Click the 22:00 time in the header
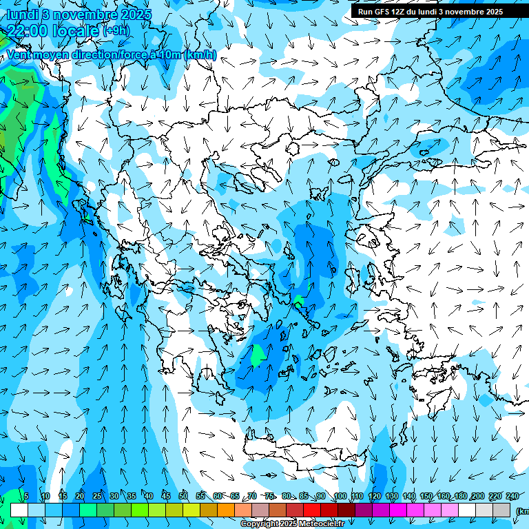click(x=29, y=30)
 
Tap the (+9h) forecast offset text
click(x=116, y=30)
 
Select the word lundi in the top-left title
click(x=21, y=14)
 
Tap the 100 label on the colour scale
click(x=340, y=497)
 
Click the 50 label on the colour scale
click(x=183, y=497)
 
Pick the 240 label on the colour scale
click(x=512, y=497)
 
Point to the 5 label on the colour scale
click(x=26, y=497)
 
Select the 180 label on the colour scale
click(x=460, y=497)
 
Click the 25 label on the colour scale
click(x=96, y=497)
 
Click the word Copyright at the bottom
click(x=259, y=524)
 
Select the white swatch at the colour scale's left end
click(x=19, y=510)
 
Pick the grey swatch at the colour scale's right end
click(x=502, y=510)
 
